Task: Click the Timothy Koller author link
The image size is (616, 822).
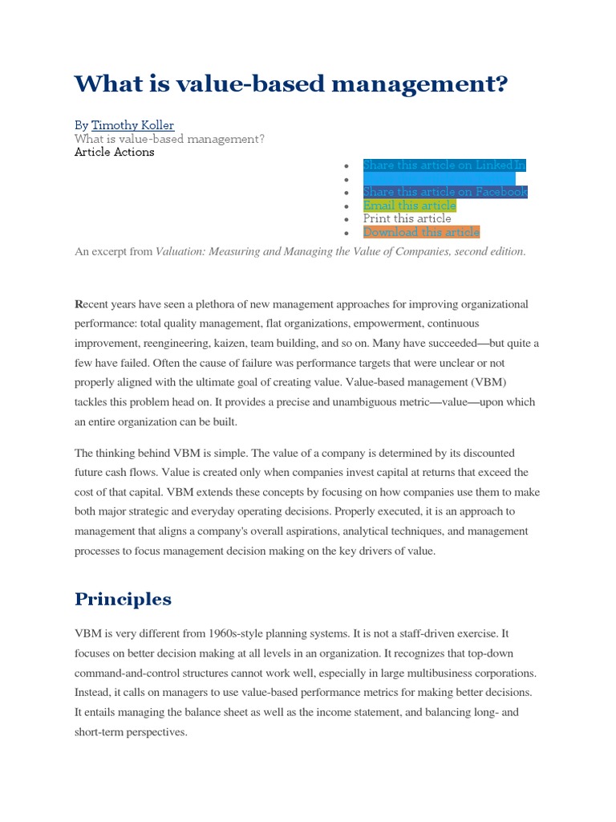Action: click(x=132, y=125)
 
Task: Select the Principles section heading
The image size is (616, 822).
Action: click(x=123, y=599)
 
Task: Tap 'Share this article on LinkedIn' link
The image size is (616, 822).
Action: click(x=444, y=165)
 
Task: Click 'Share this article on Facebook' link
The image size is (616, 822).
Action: click(x=445, y=192)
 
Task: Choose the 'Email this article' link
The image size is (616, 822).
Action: click(x=409, y=205)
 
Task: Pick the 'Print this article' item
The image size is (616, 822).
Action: click(x=407, y=218)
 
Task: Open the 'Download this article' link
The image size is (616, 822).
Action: click(x=421, y=232)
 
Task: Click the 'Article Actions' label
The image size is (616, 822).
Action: click(x=115, y=152)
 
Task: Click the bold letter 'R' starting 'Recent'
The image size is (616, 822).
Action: click(x=79, y=304)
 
